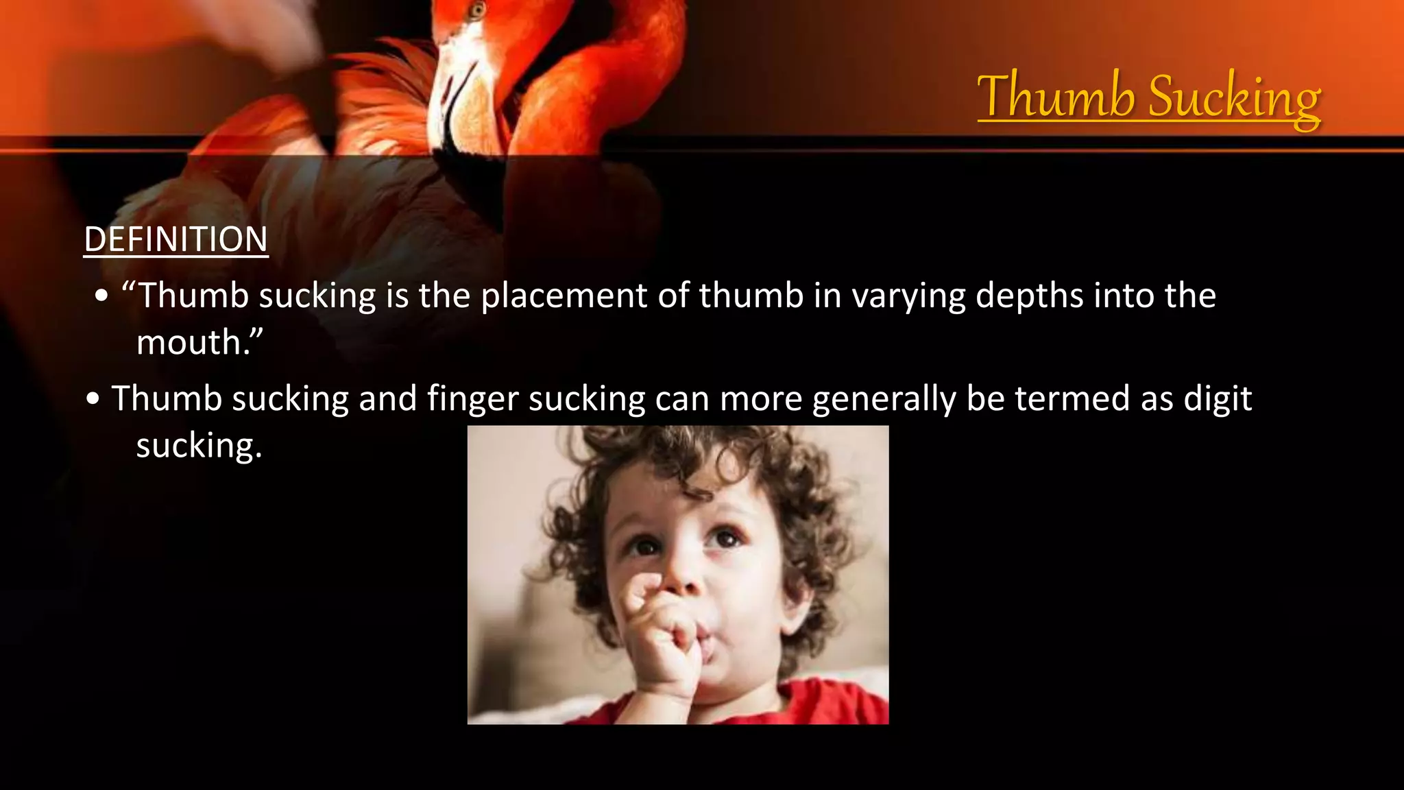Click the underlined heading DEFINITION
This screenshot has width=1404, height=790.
point(175,240)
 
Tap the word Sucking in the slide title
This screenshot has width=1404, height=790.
point(1234,97)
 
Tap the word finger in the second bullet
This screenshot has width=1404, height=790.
point(472,399)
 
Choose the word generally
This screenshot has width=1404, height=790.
point(884,399)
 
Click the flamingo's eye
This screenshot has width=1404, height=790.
point(477,10)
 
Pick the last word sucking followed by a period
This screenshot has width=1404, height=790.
point(199,446)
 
